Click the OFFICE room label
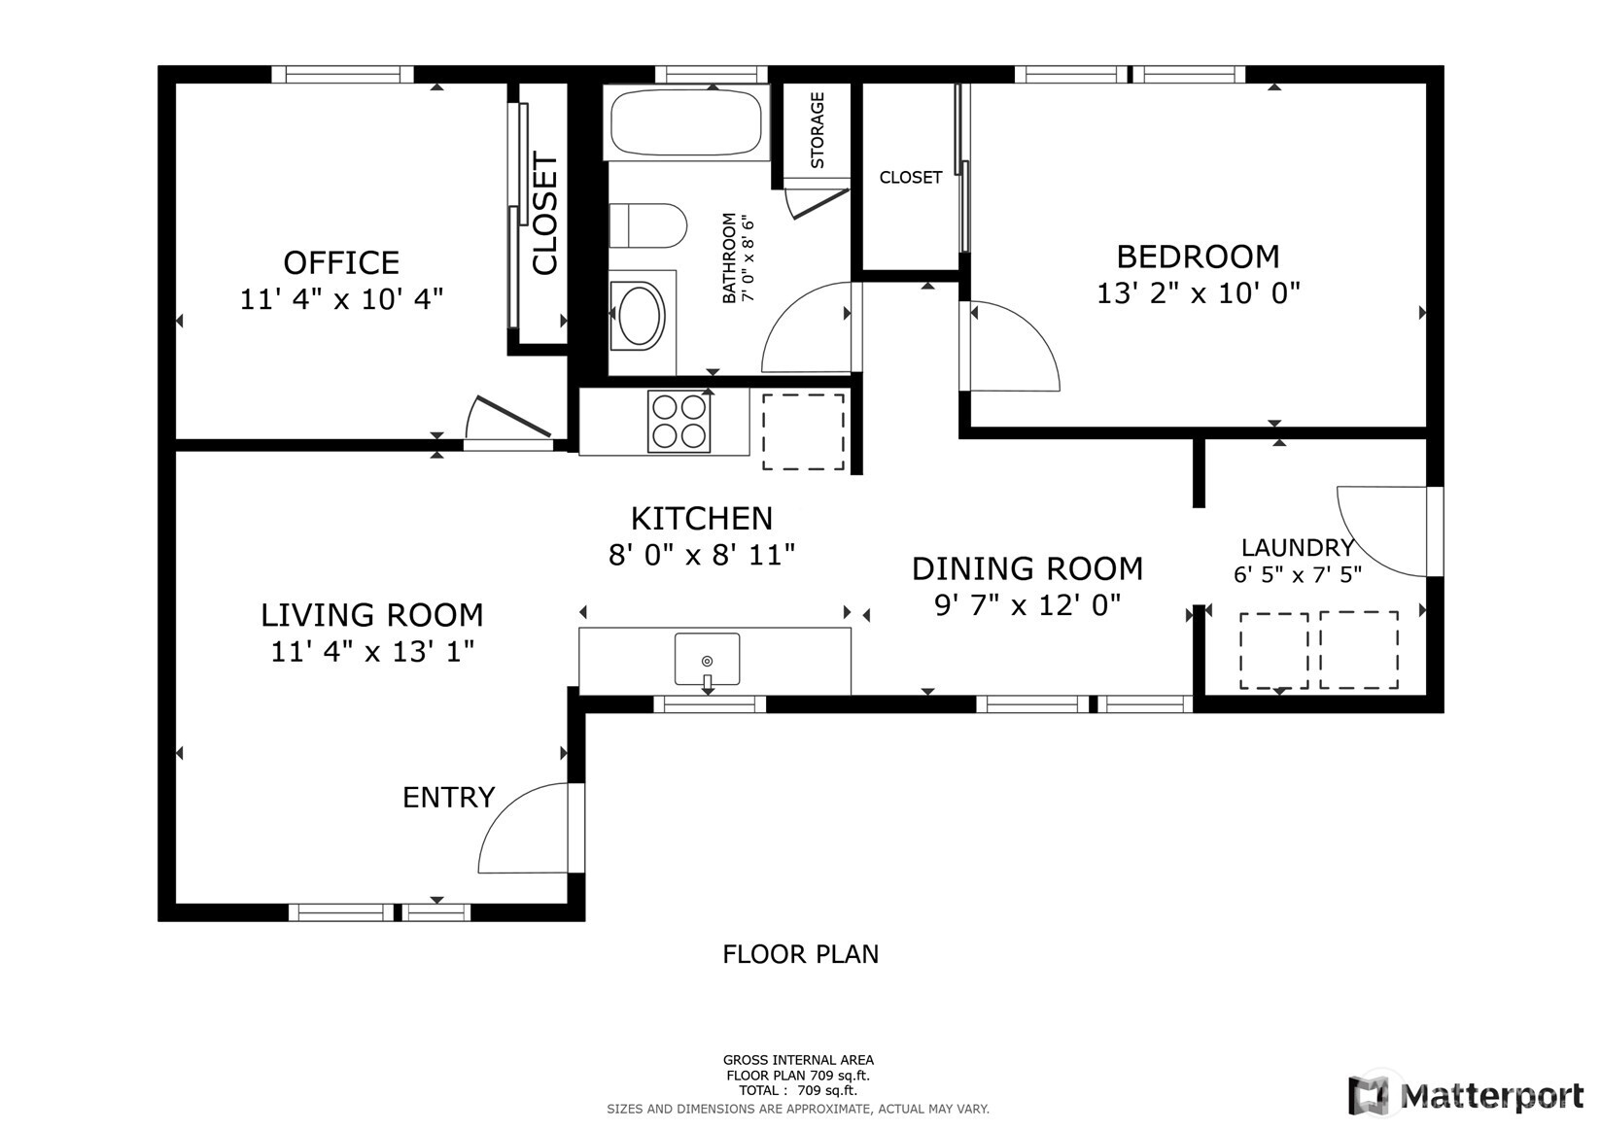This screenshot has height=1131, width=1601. pyautogui.click(x=341, y=263)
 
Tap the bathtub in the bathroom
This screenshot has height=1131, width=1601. pyautogui.click(x=686, y=121)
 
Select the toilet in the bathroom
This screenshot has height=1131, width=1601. pyautogui.click(x=647, y=225)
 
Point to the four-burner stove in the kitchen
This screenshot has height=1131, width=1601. pyautogui.click(x=679, y=422)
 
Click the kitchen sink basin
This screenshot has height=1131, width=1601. pyautogui.click(x=707, y=659)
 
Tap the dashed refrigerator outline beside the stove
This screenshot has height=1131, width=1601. pyautogui.click(x=803, y=431)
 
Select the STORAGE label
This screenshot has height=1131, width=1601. pyautogui.click(x=817, y=130)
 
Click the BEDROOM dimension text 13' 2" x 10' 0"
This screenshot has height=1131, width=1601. pyautogui.click(x=1198, y=292)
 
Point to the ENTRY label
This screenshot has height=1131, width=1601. pyautogui.click(x=448, y=798)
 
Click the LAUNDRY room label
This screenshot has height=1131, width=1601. pyautogui.click(x=1298, y=547)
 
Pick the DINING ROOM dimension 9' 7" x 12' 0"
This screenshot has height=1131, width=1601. pyautogui.click(x=1027, y=605)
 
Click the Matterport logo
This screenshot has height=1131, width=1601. pyautogui.click(x=1466, y=1095)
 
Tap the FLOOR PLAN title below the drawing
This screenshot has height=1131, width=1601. pyautogui.click(x=801, y=954)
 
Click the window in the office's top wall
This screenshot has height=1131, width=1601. pyautogui.click(x=342, y=74)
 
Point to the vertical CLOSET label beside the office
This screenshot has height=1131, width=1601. pyautogui.click(x=544, y=214)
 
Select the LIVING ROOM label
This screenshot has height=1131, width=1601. pyautogui.click(x=371, y=615)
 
